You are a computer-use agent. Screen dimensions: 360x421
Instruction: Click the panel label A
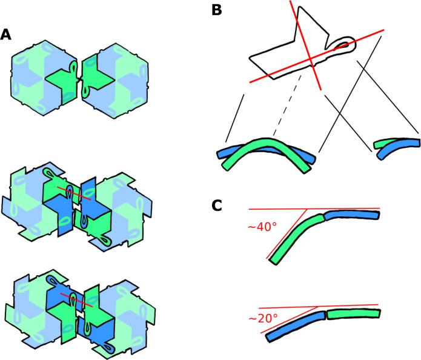(5, 35)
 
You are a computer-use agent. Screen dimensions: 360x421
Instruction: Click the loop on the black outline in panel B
(342, 44)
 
